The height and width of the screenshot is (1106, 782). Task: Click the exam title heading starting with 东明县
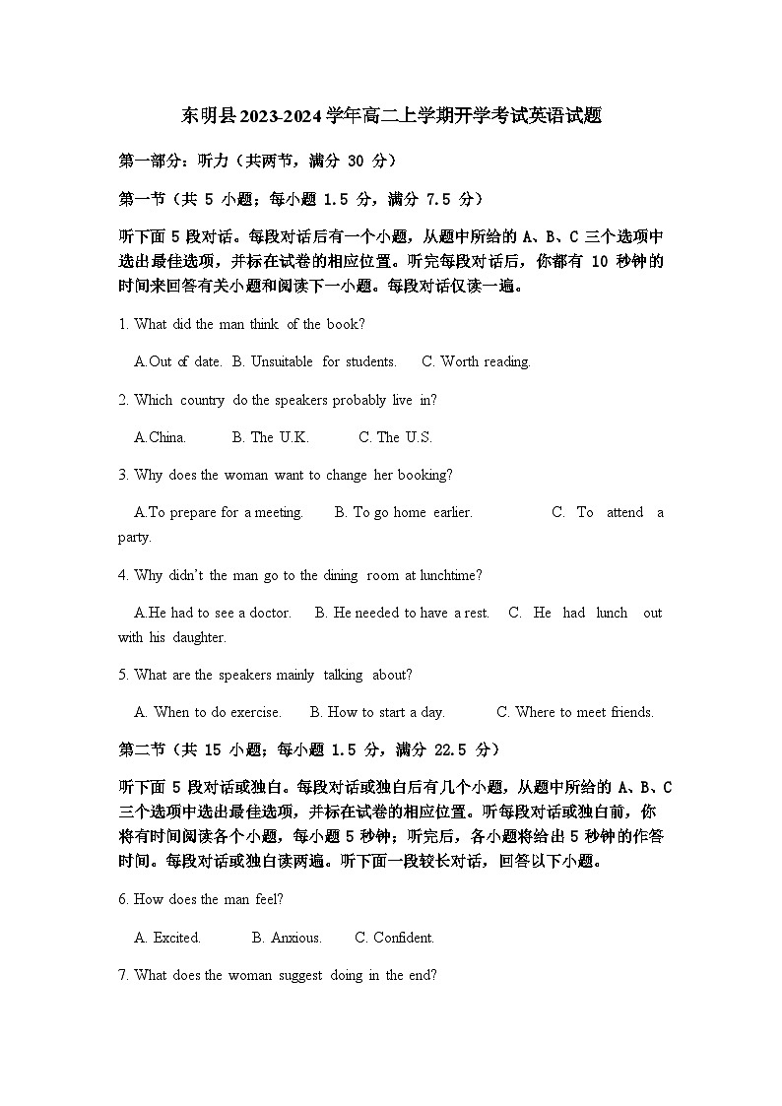pos(391,115)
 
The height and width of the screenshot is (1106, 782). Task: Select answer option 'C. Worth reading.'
pos(476,361)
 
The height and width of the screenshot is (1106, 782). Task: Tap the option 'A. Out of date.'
pos(178,361)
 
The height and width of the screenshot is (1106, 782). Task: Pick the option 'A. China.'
pos(160,437)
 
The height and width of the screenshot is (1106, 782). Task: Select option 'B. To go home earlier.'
pos(403,512)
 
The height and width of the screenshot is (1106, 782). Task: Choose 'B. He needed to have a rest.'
pos(402,613)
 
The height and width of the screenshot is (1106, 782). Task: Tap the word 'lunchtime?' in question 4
pos(451,575)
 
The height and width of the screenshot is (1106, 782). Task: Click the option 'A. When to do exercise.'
pos(208,712)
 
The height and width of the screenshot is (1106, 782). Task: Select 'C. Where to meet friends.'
pos(574,712)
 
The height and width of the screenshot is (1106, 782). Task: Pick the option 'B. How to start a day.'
pos(377,712)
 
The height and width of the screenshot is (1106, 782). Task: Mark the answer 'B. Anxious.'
pos(287,938)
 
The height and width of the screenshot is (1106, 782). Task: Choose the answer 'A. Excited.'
pos(167,938)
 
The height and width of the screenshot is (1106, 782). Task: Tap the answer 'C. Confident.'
pos(394,938)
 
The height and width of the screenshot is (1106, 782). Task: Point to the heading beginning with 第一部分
pos(257,161)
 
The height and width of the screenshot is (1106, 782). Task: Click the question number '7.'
pos(124,975)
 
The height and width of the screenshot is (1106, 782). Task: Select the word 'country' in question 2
pos(202,400)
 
